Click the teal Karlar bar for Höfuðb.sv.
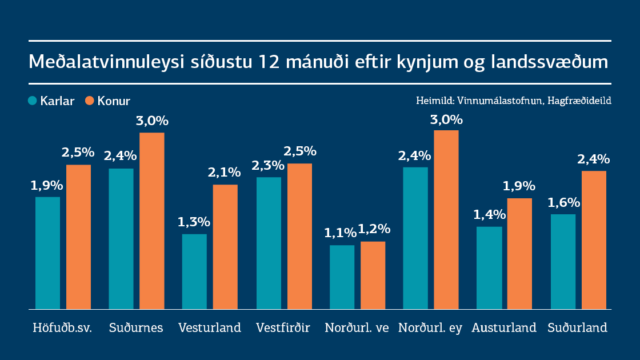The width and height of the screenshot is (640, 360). coord(47,253)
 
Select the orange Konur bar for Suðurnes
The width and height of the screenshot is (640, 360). coord(152,221)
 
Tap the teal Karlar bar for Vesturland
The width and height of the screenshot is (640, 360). coord(194,271)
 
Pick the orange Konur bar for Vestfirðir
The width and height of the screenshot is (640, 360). coord(299,236)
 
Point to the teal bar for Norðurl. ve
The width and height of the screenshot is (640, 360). coord(342,277)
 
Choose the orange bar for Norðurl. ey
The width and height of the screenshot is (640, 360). coord(446,219)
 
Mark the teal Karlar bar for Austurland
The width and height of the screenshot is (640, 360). coord(489,267)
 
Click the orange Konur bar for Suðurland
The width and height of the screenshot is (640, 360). coord(594,240)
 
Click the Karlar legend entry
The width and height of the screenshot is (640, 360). coord(51,101)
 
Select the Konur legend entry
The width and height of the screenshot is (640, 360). coord(107,101)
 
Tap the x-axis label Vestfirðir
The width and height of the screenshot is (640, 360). coord(283,328)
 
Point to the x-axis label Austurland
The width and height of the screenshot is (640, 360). coord(504,328)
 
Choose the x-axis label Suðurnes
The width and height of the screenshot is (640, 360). coord(136,328)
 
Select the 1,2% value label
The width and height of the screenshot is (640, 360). coord(374,229)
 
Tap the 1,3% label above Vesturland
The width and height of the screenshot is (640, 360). coord(194,222)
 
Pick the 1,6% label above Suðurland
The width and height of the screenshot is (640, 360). coord(563,203)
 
